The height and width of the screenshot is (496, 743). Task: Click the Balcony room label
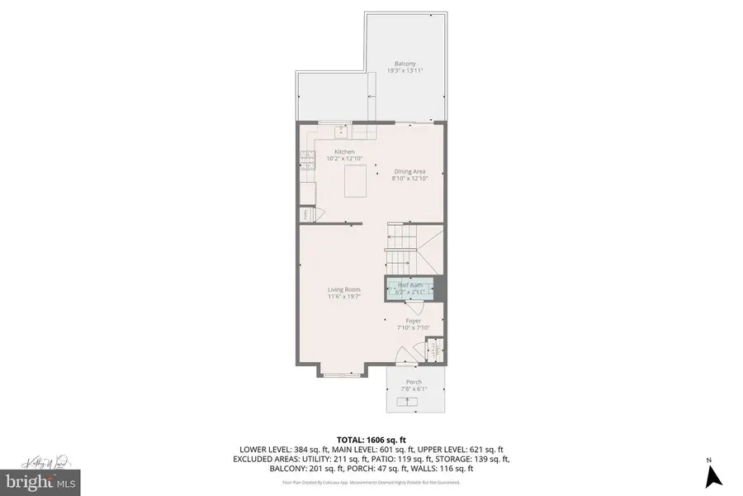[x=405, y=64]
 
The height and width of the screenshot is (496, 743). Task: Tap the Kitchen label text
[x=344, y=151]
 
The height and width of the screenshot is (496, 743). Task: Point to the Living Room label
[x=343, y=289]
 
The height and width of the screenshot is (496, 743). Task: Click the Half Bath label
[x=409, y=285]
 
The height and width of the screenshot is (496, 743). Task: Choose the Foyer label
[x=414, y=321]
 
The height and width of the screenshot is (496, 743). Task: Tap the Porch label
[x=414, y=382]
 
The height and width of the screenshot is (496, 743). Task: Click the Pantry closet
[x=305, y=213]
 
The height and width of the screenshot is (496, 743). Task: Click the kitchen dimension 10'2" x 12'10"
[x=344, y=158]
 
